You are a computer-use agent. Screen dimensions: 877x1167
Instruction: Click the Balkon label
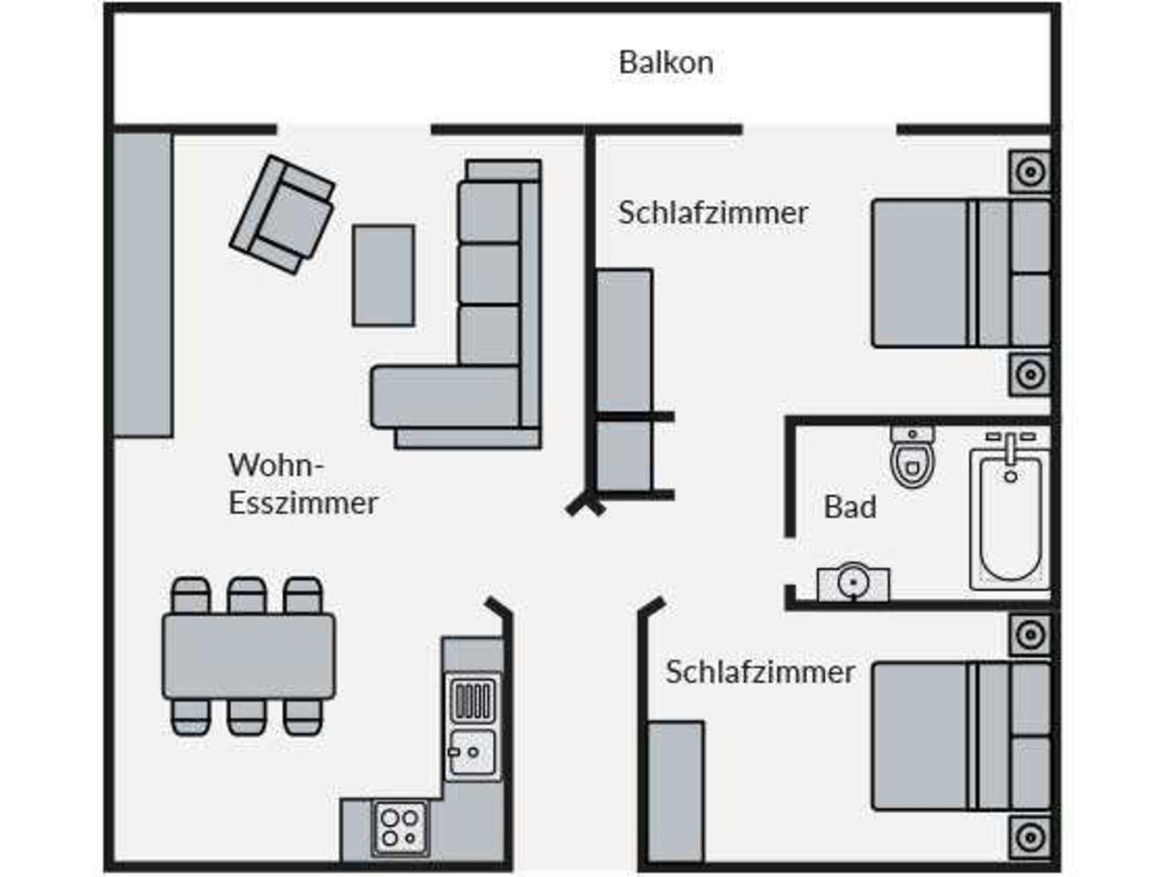(x=666, y=63)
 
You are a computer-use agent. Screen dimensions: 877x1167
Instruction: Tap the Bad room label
(x=850, y=507)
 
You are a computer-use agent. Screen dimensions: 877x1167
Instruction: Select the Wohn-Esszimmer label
(x=303, y=484)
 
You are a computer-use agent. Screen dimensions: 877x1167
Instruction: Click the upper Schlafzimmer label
(x=713, y=213)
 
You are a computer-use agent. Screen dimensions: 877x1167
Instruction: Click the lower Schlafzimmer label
(x=760, y=672)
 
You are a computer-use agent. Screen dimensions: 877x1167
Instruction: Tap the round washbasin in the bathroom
(x=853, y=583)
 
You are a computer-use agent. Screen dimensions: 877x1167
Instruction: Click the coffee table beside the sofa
(x=383, y=275)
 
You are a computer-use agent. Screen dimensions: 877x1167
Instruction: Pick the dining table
(x=248, y=656)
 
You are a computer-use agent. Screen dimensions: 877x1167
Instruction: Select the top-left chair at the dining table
(x=190, y=595)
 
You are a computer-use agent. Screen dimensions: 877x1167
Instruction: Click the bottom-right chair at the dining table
(x=303, y=717)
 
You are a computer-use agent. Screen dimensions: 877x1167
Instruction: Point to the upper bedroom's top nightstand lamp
(x=1030, y=172)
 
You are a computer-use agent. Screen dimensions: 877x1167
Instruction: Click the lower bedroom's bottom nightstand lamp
(x=1030, y=838)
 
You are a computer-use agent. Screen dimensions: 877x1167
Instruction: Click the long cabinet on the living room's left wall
(x=142, y=285)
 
